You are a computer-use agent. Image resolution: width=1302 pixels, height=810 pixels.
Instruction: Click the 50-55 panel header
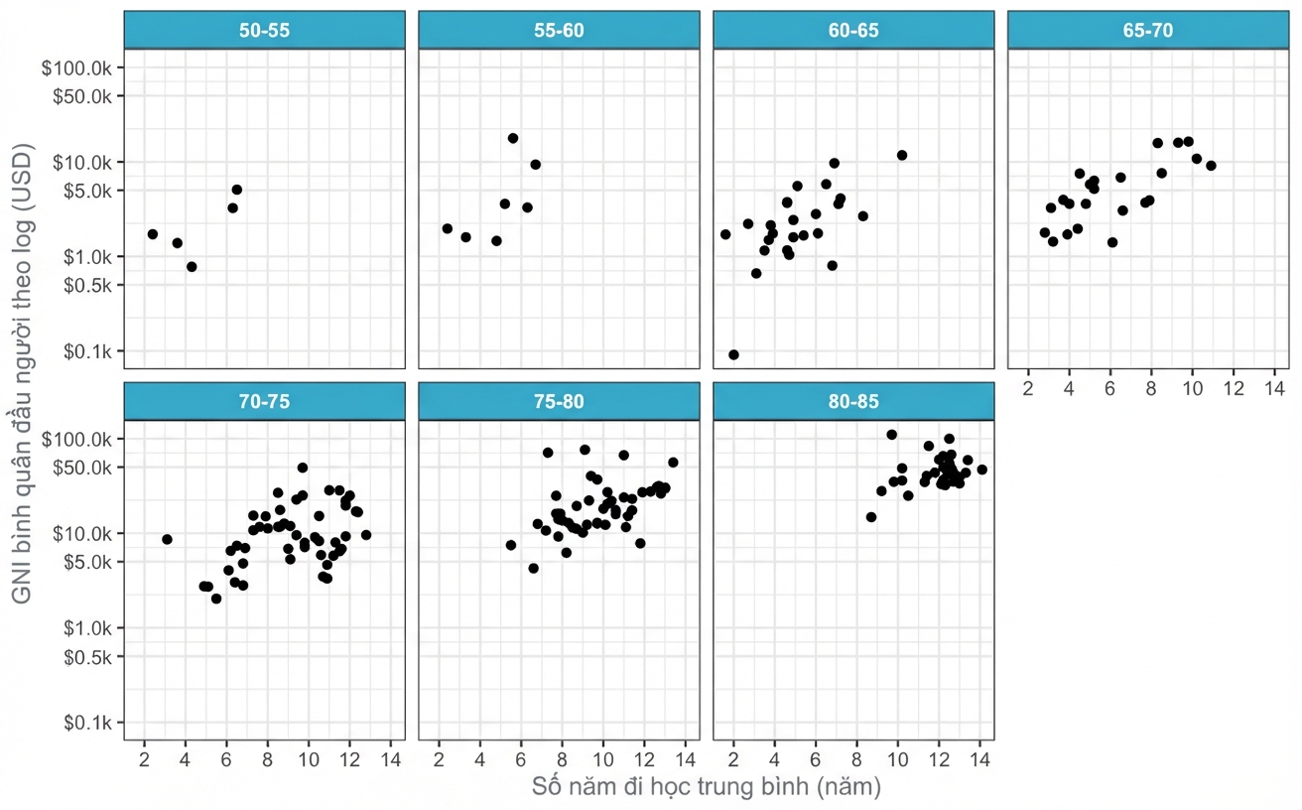point(264,30)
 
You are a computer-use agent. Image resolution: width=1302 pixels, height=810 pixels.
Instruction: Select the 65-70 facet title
point(1148,30)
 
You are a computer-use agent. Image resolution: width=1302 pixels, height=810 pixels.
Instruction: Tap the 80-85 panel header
point(853,401)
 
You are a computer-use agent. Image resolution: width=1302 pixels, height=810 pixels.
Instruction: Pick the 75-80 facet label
point(559,401)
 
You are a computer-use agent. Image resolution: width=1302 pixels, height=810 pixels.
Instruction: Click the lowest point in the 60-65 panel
point(733,354)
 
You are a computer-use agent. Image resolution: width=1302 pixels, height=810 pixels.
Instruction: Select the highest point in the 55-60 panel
point(513,138)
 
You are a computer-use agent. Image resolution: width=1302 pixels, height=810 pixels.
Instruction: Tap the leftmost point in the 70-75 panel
point(167,540)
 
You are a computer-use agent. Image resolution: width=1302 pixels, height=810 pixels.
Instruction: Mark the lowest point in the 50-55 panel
point(192,267)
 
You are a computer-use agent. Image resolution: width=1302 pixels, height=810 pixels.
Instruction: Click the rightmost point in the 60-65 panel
point(902,155)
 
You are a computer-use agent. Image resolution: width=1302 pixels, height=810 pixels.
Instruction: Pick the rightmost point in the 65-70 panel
point(1212,166)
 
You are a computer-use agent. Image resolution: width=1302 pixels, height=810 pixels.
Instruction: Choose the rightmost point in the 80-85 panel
point(982,470)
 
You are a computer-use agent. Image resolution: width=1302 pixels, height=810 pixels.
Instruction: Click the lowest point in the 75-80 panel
point(534,568)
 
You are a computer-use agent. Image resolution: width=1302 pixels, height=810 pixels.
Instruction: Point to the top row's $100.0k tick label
point(76,68)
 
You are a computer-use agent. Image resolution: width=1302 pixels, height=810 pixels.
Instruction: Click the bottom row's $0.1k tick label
point(87,723)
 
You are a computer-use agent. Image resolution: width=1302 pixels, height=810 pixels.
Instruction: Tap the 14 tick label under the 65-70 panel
point(1274,388)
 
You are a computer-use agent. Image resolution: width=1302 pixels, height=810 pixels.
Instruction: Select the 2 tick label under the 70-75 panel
point(144,759)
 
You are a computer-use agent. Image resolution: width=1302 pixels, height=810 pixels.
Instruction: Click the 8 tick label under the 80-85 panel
point(856,759)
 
